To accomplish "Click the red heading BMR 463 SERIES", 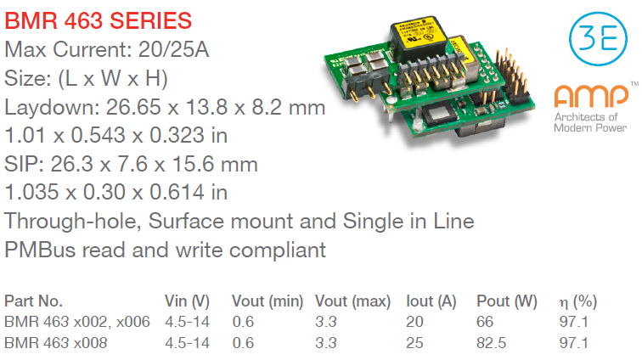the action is pos(99,21).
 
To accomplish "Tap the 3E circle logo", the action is pos(598,39).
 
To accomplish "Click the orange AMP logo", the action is pos(591,96).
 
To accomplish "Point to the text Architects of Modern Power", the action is pos(590,122).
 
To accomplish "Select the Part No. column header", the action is pos(33,301).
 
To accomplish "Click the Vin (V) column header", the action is pos(187,301).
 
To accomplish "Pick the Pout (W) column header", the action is pos(507,301).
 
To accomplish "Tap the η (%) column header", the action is pos(578,302).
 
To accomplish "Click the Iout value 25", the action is pos(414,343).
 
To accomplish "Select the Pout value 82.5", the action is pos(492,343).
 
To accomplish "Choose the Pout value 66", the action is pos(485,322).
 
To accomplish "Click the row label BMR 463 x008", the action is pos(56,343).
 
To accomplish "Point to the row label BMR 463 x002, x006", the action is pos(77,322).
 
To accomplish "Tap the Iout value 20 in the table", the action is pos(414,322).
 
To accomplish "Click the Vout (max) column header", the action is pos(353,301).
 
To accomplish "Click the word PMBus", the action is pos(40,250).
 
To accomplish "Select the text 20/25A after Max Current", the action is pos(173,50).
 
